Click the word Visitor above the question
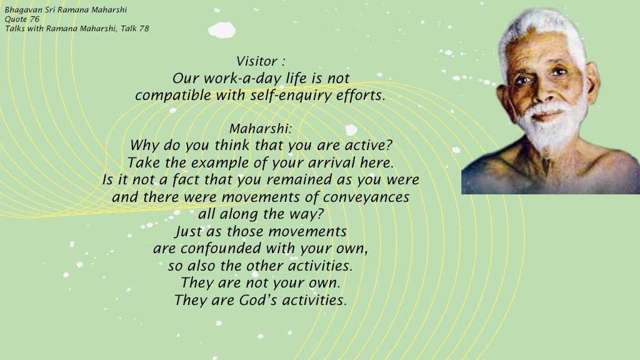pyautogui.click(x=257, y=61)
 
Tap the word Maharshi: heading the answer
pyautogui.click(x=261, y=129)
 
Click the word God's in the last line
pyautogui.click(x=258, y=301)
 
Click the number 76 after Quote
pyautogui.click(x=35, y=19)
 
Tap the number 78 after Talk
pyautogui.click(x=144, y=29)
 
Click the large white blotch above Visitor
pyautogui.click(x=222, y=30)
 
